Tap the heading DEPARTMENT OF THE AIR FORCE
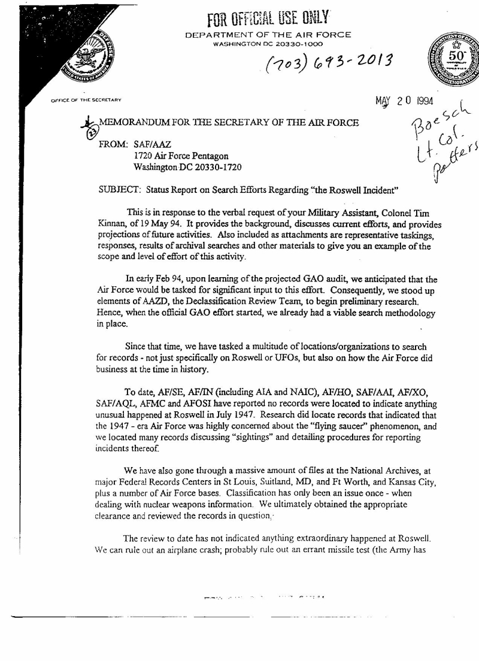[268, 35]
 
